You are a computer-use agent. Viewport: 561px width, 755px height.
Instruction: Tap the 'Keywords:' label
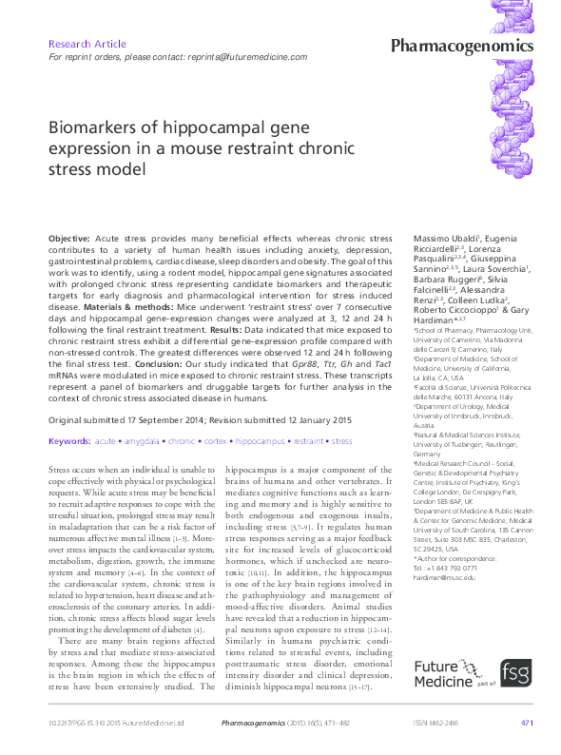pos(68,441)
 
